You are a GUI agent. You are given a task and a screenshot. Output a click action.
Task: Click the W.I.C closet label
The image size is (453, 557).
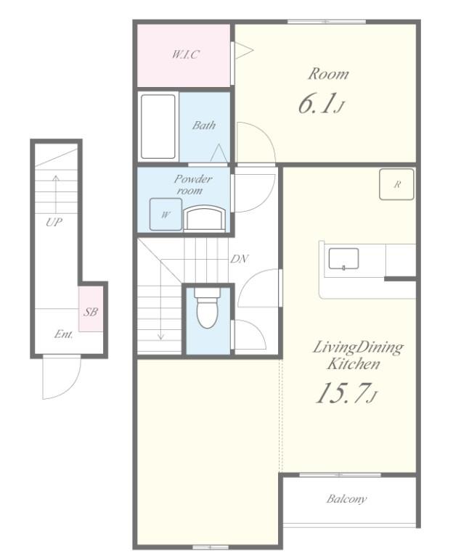point(185,54)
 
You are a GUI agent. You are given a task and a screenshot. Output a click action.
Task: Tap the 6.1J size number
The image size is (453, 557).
point(322,104)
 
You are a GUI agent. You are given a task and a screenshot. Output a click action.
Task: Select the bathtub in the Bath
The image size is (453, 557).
point(158,126)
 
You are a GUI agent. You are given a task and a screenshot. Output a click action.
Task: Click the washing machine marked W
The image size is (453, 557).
point(166,214)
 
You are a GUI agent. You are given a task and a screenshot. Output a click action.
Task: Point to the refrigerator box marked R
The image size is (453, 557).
point(396,184)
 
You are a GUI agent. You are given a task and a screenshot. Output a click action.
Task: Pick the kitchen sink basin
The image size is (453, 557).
point(343,259)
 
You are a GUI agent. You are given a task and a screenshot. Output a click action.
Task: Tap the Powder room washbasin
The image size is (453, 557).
point(204,219)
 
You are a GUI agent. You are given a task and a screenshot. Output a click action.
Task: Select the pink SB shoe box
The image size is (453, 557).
point(91,309)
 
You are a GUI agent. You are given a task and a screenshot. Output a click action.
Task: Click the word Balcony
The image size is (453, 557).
point(346,499)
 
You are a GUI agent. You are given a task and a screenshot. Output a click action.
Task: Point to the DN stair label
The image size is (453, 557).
point(239,259)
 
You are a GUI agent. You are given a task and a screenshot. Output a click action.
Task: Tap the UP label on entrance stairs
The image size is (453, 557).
point(54,223)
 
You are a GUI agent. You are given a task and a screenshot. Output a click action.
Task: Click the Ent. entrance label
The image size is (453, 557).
point(64,334)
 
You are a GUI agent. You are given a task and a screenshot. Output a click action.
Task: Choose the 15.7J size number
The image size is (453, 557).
point(346,393)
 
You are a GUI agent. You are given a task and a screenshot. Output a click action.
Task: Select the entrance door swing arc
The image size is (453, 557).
point(70,388)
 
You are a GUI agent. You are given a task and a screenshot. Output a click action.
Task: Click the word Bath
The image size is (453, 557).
point(204,125)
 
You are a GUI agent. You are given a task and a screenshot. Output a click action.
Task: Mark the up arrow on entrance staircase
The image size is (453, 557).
point(56,194)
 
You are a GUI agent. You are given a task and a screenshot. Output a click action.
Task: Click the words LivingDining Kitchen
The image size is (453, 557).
point(357,355)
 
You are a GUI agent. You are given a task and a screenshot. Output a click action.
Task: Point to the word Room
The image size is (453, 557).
point(328,74)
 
